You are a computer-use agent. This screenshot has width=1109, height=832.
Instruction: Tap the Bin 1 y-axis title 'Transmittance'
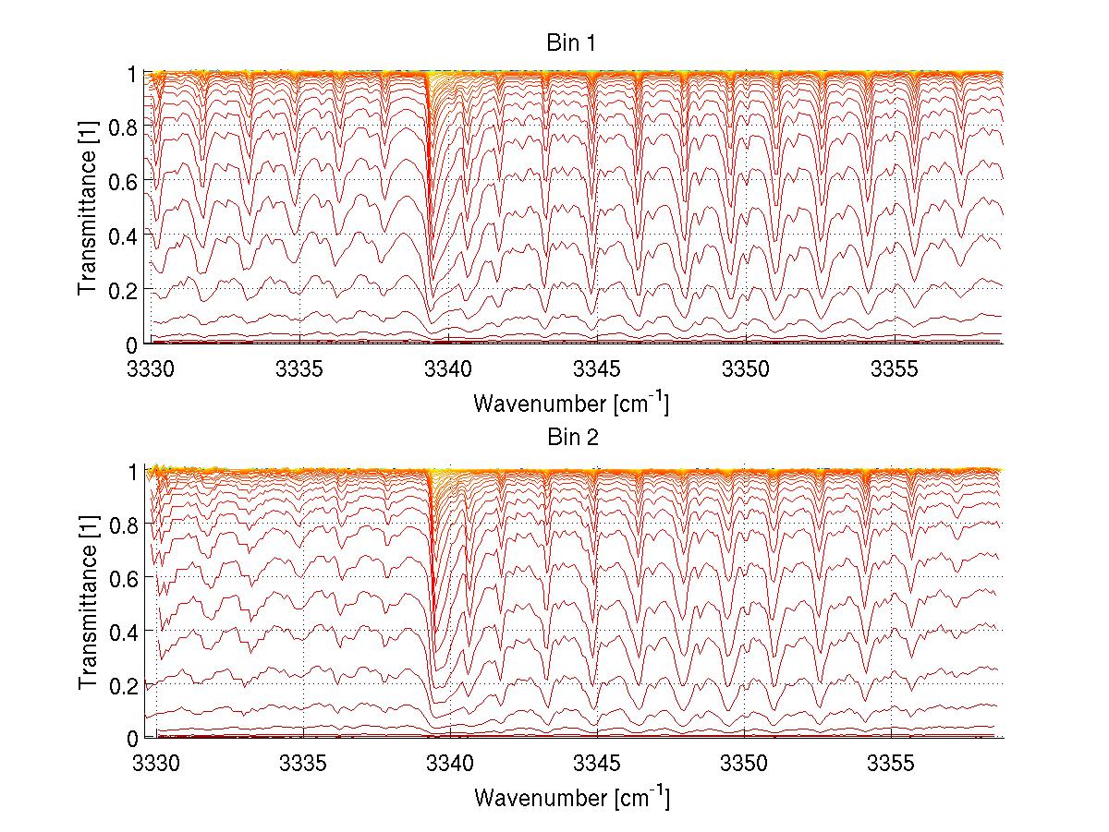(x=87, y=208)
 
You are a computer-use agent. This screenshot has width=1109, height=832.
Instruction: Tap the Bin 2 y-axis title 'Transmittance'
(x=87, y=603)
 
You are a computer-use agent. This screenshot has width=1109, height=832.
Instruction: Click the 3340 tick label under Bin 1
(x=448, y=369)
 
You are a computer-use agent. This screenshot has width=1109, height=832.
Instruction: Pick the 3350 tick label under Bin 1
(x=746, y=369)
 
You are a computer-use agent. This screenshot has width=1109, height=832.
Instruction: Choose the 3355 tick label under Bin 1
(x=894, y=369)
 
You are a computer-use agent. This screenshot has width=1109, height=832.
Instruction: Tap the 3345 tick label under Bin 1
(x=597, y=369)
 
